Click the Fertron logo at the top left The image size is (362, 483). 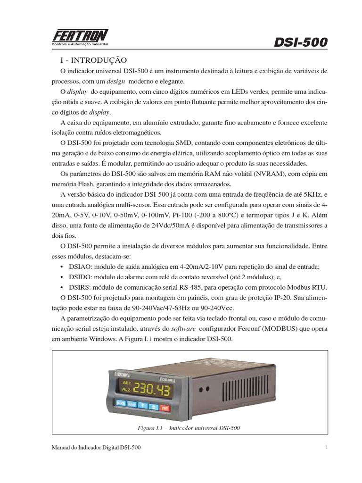[80, 37]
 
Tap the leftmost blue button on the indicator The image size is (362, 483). [121, 403]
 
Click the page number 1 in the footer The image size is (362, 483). [326, 447]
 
